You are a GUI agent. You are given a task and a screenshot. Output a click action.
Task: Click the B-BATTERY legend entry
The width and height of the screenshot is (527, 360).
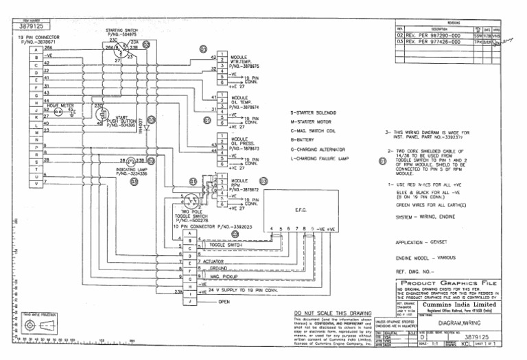coord(306,139)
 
